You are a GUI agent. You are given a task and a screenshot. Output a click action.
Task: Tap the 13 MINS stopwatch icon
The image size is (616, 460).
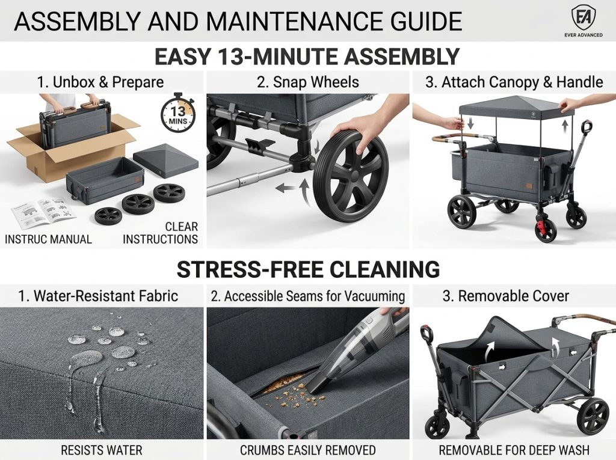(x=177, y=112)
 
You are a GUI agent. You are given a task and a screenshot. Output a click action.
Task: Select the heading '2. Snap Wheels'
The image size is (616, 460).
(x=308, y=82)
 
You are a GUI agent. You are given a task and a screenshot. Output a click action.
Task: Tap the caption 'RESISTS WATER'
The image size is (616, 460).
(x=101, y=450)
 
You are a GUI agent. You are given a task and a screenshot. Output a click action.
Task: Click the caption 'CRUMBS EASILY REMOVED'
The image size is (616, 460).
(x=308, y=450)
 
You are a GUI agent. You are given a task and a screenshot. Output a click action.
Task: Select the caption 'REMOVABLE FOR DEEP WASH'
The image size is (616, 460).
(x=514, y=450)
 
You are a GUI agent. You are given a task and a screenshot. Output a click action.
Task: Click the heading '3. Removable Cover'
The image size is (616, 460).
(x=505, y=296)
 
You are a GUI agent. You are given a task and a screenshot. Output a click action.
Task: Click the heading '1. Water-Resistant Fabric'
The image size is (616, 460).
(x=98, y=296)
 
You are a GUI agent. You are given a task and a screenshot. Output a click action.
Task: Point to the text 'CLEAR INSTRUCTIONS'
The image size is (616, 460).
(x=160, y=233)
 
